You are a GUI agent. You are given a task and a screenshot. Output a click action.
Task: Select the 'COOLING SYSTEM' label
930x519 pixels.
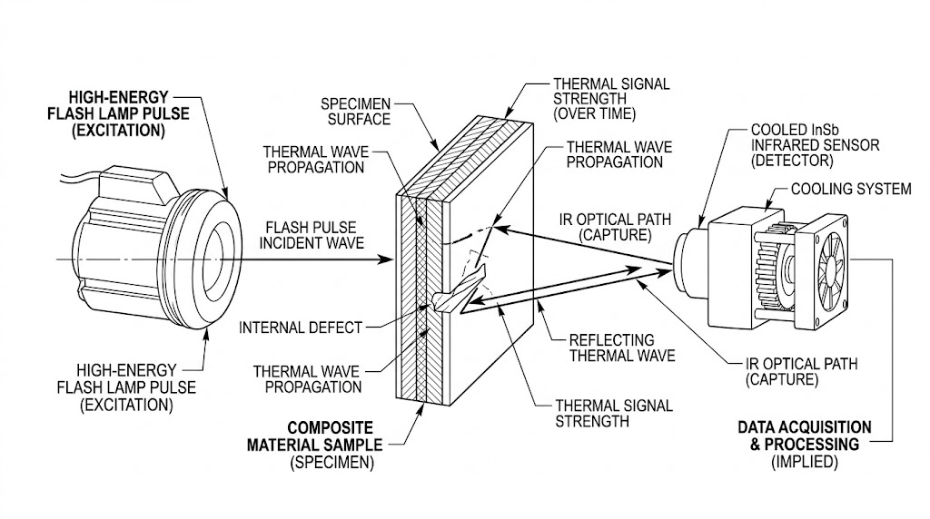pyautogui.click(x=850, y=190)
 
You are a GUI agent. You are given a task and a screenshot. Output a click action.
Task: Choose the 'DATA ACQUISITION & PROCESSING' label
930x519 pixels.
pyautogui.click(x=804, y=436)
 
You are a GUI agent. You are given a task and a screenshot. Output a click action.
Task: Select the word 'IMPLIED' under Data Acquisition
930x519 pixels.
pyautogui.click(x=805, y=462)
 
